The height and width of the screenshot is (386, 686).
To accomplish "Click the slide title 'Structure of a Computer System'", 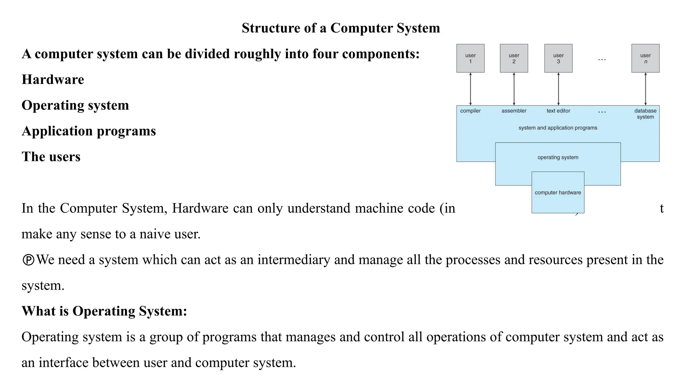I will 341,28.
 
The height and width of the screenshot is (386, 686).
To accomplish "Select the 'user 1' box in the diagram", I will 470,58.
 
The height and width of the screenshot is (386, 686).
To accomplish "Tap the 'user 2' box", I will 514,58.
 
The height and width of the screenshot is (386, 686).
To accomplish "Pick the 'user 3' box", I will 558,58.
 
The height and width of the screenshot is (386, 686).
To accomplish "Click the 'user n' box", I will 645,58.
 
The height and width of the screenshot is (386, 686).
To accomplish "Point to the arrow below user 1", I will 470,89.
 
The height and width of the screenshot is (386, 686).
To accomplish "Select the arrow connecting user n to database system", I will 645,89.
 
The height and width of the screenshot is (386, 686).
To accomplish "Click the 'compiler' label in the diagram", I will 470,111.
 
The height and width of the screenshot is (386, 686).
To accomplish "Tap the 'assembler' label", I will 514,111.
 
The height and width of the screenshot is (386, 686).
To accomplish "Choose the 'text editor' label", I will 558,111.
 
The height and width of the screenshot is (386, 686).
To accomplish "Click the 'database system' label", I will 645,114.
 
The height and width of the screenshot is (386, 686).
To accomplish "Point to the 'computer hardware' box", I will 558,193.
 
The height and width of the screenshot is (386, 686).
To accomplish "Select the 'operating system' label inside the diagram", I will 558,157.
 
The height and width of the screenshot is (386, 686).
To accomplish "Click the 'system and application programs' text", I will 558,128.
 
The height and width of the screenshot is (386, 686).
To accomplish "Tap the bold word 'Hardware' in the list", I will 53,80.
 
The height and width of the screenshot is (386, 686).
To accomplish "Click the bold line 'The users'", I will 51,157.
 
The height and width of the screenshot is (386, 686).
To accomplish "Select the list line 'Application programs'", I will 89,131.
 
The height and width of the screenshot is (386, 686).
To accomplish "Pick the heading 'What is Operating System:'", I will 104,311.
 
